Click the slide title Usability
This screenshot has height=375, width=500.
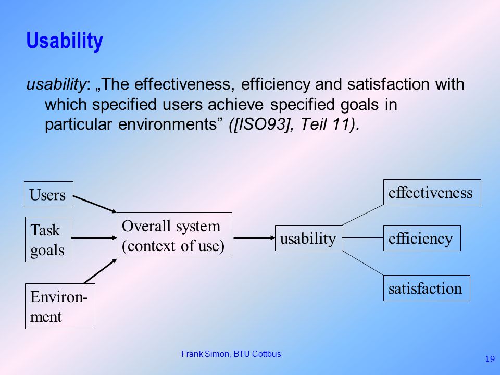point(65,41)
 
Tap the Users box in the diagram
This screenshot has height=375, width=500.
point(49,194)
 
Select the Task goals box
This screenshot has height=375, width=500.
point(48,240)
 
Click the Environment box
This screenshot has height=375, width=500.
point(60,306)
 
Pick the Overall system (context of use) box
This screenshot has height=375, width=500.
point(174,235)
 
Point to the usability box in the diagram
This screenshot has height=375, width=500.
point(309,238)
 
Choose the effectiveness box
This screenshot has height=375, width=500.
point(432,192)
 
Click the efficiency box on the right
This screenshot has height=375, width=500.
point(422,238)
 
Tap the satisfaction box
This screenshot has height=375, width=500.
point(427,288)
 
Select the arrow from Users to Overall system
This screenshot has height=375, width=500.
point(95,204)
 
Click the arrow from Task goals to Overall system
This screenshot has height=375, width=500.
point(94,238)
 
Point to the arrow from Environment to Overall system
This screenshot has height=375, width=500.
point(100,271)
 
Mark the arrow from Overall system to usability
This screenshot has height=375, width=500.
point(254,238)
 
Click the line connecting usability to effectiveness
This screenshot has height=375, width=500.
point(363,215)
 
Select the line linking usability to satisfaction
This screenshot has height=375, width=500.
point(363,263)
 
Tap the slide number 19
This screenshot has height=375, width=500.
point(490,359)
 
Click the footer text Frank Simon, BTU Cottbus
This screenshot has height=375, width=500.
point(231,354)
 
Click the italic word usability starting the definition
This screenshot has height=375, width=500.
point(56,84)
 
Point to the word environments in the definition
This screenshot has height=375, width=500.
point(167,124)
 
